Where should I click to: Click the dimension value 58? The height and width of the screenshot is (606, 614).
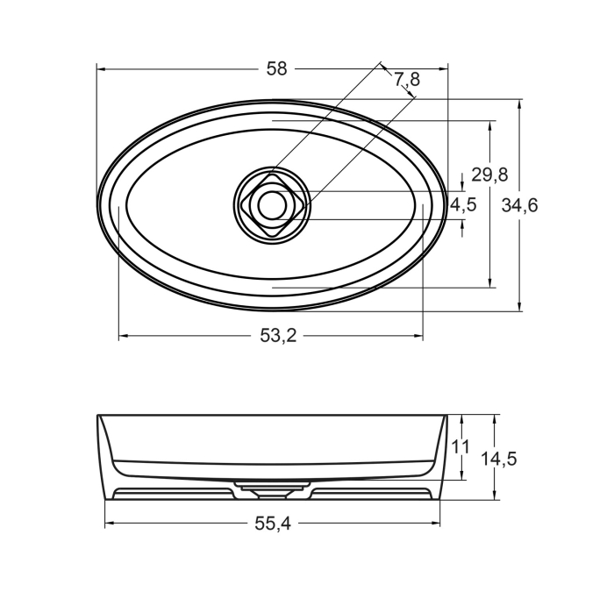tap(276, 69)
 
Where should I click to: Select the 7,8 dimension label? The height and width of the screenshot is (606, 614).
tap(407, 80)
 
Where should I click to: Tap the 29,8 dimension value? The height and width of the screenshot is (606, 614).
tap(489, 175)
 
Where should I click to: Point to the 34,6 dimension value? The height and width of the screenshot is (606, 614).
tap(520, 205)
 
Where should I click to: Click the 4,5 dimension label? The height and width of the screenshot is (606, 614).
tap(463, 205)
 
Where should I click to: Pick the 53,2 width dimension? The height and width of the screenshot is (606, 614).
tap(277, 336)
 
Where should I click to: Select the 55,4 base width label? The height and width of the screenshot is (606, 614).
tap(272, 524)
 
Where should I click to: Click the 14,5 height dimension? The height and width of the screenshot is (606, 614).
tap(498, 458)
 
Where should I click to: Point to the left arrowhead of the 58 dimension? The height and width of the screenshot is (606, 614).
tap(101, 68)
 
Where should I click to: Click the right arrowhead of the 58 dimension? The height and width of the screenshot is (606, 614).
tap(443, 68)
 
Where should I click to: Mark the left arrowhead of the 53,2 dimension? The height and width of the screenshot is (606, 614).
tap(123, 336)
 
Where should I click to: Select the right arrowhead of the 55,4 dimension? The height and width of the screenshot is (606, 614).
tap(436, 524)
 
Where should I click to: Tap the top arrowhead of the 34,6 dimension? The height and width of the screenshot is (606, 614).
tap(520, 103)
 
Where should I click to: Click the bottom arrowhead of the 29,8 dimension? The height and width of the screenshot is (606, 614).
tap(489, 282)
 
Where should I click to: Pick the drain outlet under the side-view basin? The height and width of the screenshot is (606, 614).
tap(272, 484)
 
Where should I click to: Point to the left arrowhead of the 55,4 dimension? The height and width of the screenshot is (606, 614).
tap(110, 524)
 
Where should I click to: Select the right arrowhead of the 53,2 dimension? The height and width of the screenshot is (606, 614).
tap(418, 336)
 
